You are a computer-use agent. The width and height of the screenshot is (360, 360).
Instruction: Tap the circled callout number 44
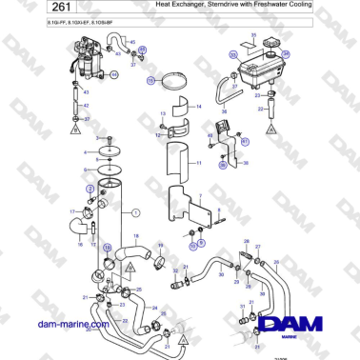click(x=115, y=73)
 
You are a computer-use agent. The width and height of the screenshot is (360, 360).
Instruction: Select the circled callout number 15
click(x=150, y=82)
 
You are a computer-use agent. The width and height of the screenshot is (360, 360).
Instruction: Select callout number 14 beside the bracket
click(x=198, y=107)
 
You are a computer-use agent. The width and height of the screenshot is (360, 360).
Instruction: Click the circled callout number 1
click(x=135, y=211)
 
